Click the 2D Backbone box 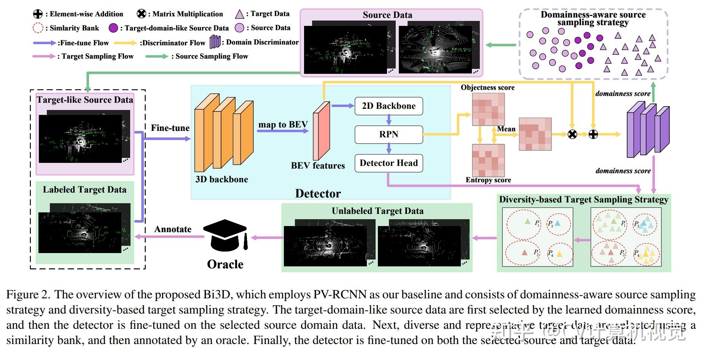(x=389, y=106)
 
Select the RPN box (x=389, y=134)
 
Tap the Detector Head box (x=389, y=163)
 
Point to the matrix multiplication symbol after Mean (x=572, y=134)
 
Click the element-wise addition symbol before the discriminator (x=593, y=134)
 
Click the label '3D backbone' (x=221, y=179)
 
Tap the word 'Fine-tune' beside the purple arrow (x=170, y=128)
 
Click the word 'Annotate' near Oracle (x=173, y=229)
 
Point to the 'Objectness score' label (x=487, y=88)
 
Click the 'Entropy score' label (x=488, y=180)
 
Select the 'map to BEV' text (x=283, y=124)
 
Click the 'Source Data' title (x=387, y=15)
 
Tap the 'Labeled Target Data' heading (x=84, y=190)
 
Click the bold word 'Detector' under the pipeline (x=318, y=193)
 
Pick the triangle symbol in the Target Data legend (x=239, y=14)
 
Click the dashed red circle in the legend (x=38, y=28)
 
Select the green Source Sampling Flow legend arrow (x=156, y=56)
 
